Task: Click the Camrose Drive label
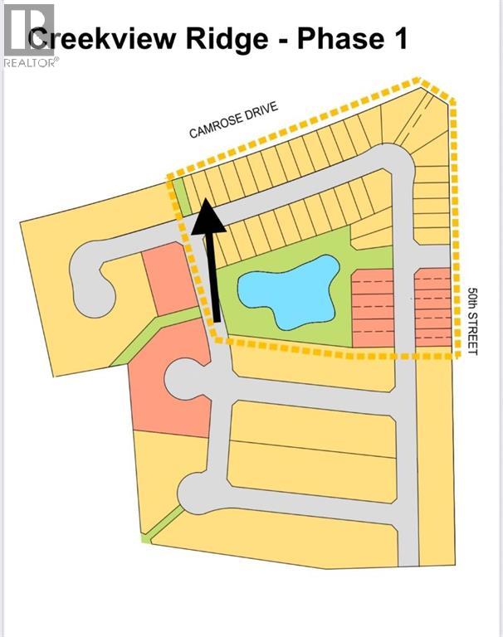(233, 119)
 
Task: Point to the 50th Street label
(472, 321)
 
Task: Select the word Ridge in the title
(227, 40)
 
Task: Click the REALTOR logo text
(31, 62)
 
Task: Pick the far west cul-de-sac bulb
(91, 280)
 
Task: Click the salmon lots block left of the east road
(373, 308)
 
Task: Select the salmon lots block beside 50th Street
(432, 307)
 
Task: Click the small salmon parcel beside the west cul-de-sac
(169, 279)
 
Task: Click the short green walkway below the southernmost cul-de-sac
(163, 523)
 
